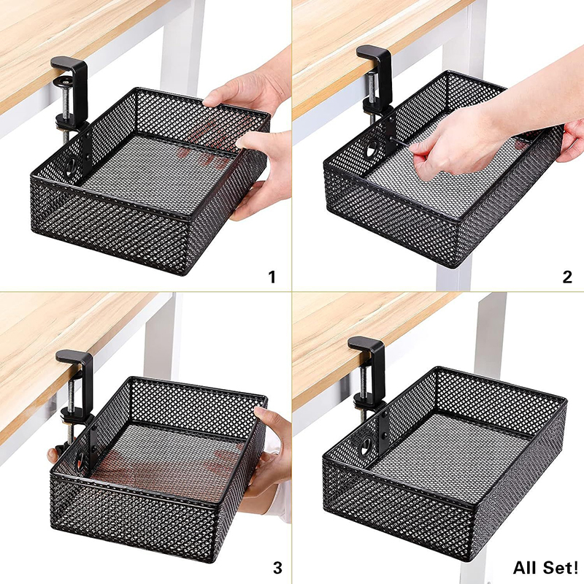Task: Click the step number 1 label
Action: click(x=272, y=277)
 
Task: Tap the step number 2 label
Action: click(x=567, y=277)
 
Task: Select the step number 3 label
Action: click(x=277, y=568)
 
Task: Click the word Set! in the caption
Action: click(x=559, y=568)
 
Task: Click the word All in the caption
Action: click(x=526, y=568)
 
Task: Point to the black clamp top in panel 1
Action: click(x=69, y=65)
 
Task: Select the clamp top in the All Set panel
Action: click(x=366, y=344)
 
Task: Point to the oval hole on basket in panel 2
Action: click(x=372, y=148)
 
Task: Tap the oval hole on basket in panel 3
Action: click(x=80, y=459)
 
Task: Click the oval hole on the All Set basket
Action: click(x=366, y=446)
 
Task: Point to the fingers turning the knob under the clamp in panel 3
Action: click(x=53, y=454)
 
